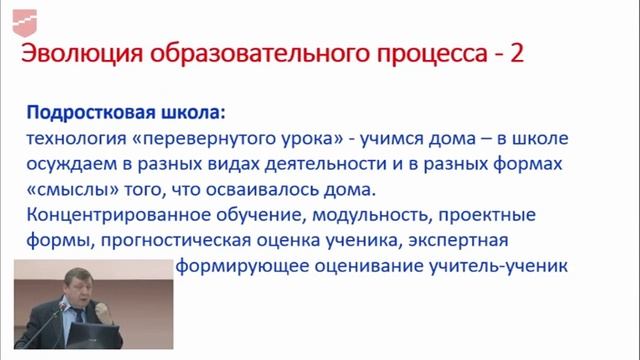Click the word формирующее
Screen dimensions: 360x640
click(232, 267)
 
